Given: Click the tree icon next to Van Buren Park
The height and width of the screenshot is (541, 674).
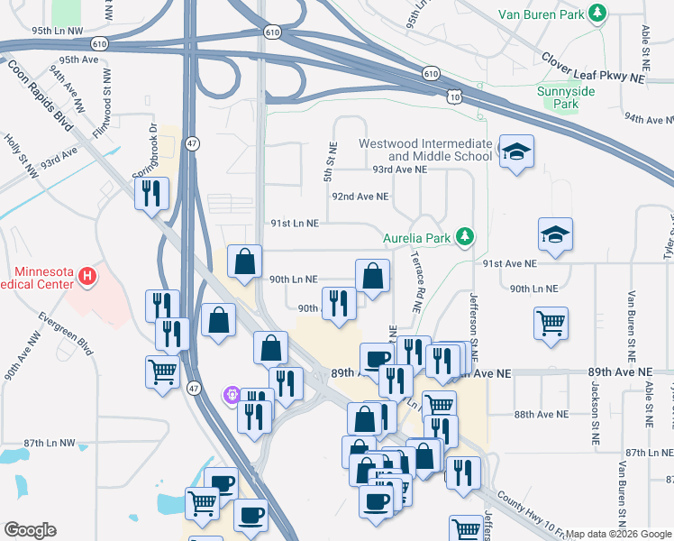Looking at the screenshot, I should pos(596,13).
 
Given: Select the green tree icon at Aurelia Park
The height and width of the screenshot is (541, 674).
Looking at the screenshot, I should pos(465,236).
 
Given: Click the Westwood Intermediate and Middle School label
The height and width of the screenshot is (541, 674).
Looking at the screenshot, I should pos(425,150).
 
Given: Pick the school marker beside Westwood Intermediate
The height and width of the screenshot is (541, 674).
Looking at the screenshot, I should pos(516,152).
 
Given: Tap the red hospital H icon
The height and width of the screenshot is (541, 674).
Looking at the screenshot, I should pos(87,278).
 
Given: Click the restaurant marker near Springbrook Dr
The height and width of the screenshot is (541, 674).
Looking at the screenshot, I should pos(151,193).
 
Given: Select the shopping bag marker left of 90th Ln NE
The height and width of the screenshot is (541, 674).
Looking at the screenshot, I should pos(244,262).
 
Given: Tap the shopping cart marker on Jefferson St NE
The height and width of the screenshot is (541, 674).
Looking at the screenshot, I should pos(551,322).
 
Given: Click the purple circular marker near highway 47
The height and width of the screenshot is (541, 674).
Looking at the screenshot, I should pos(232,394).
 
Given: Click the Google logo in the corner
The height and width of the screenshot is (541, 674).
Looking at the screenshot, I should pos(30,530).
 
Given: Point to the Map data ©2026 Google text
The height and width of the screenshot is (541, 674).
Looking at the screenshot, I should pos(618,534).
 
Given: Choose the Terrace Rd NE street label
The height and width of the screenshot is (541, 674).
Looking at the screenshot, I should pos(416,287).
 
